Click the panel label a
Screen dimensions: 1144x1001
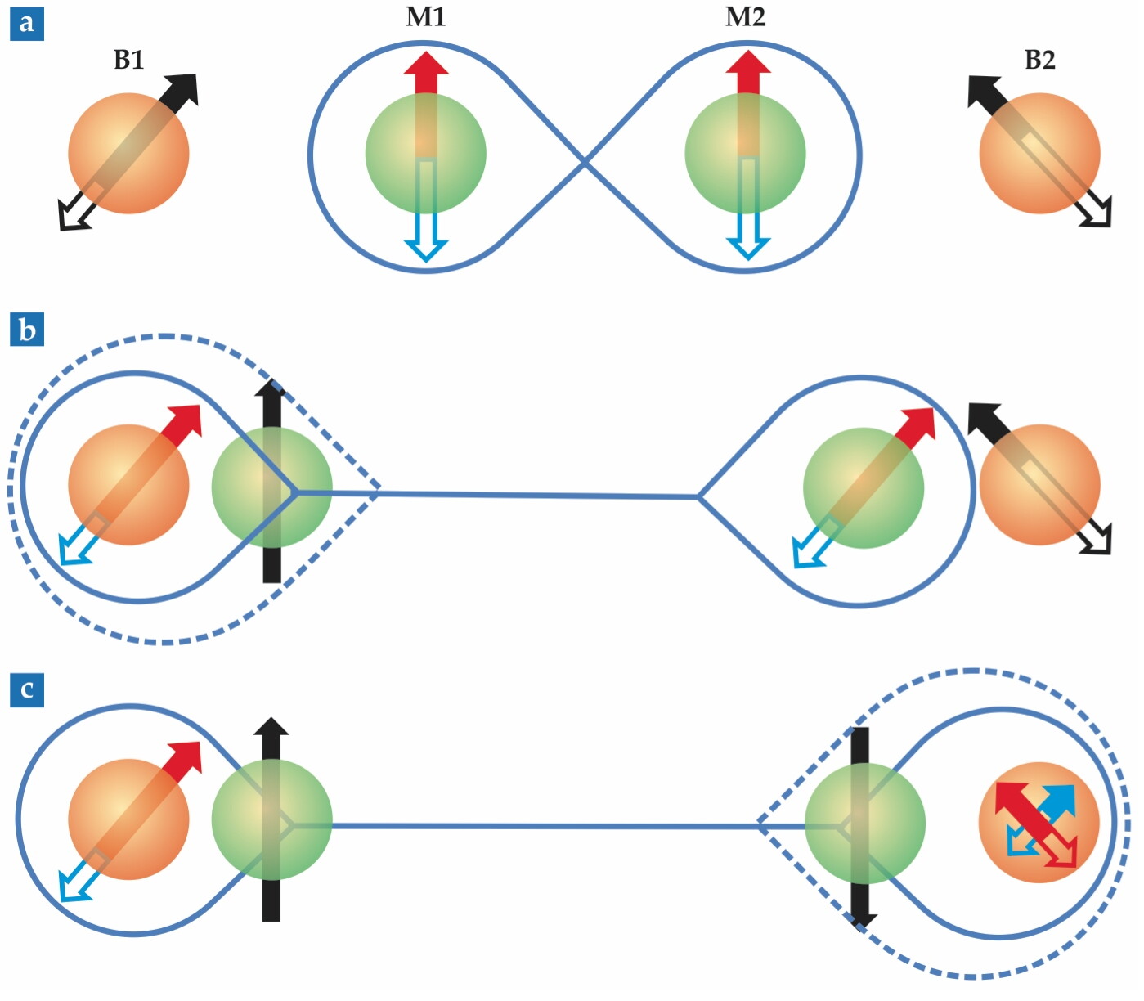pos(27,25)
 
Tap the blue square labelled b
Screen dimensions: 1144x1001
pos(27,330)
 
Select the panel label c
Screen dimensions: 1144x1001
pos(27,690)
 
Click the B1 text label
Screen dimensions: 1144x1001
pos(128,60)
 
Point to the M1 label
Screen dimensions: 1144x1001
pos(426,17)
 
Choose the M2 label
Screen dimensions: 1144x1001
pos(745,17)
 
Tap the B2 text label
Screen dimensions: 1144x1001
pos(1040,60)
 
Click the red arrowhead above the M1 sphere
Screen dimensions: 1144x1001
pos(426,63)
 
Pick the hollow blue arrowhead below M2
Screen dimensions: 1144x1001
pos(748,249)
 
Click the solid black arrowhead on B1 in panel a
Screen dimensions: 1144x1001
pos(183,88)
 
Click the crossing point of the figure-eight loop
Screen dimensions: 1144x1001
pos(585,162)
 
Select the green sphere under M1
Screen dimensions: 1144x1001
pos(425,153)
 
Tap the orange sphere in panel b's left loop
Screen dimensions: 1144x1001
pos(128,484)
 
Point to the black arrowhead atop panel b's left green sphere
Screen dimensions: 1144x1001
pos(271,388)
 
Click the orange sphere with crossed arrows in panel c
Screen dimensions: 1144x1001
pos(1039,822)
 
